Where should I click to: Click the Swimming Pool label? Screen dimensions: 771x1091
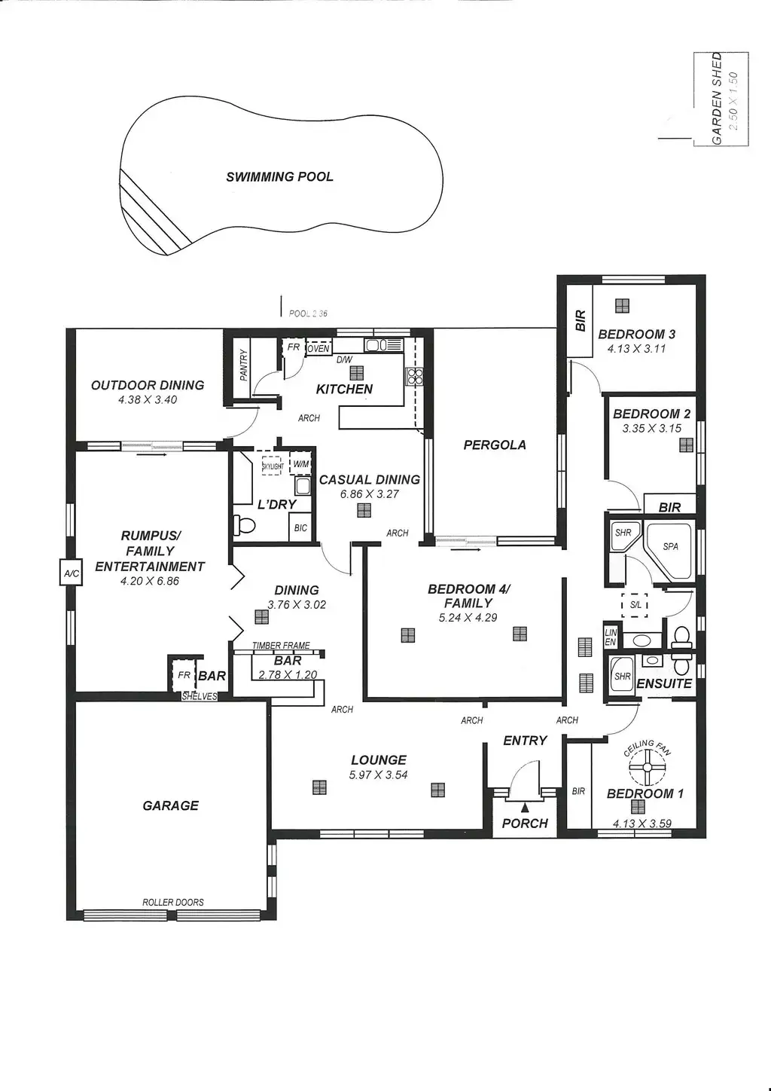279,177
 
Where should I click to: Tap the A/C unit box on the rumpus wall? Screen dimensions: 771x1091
71,574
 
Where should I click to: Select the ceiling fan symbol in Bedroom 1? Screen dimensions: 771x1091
645,768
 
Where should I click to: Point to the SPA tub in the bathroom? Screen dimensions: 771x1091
670,548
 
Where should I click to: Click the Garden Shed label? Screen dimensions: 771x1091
717,98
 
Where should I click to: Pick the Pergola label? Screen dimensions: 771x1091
495,445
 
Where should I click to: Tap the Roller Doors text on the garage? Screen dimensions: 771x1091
173,902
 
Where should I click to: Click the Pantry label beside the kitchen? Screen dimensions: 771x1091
243,365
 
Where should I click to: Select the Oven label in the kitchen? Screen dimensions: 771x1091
318,349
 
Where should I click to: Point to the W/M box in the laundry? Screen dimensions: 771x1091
301,464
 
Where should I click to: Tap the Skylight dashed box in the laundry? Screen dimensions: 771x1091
273,466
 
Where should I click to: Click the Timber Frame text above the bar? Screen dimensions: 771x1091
281,646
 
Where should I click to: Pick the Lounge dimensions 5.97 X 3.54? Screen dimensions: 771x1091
378,775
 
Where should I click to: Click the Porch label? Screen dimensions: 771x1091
525,823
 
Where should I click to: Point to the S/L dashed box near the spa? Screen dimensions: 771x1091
635,604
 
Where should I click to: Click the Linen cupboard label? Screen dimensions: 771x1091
611,637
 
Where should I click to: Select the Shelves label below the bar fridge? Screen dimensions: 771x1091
200,696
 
